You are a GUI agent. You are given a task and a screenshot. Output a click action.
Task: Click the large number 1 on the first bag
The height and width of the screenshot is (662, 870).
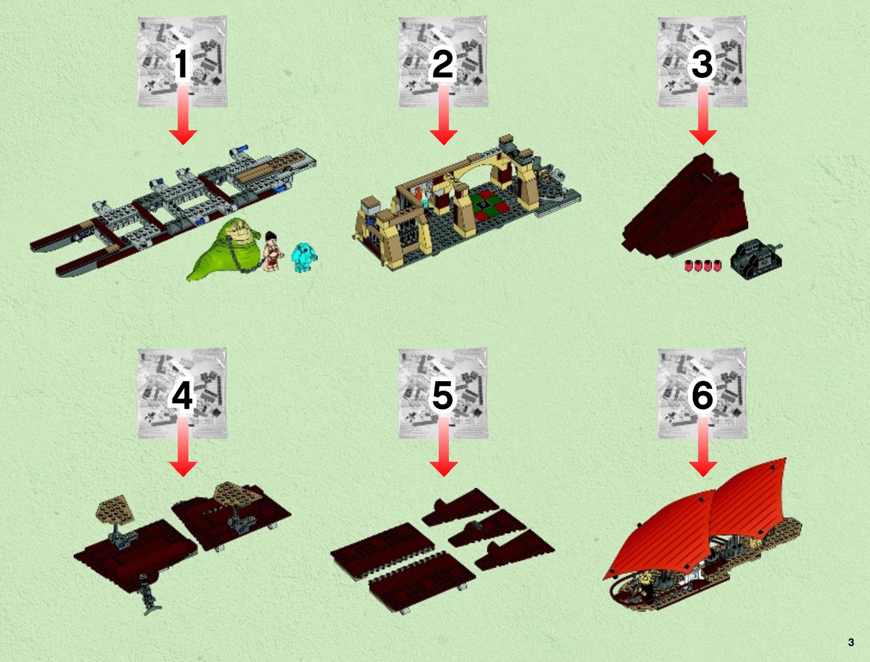pyautogui.click(x=181, y=64)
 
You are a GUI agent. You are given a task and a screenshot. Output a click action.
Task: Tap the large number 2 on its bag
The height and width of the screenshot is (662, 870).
pyautogui.click(x=442, y=64)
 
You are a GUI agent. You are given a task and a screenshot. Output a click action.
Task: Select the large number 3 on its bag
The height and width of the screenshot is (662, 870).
pyautogui.click(x=702, y=64)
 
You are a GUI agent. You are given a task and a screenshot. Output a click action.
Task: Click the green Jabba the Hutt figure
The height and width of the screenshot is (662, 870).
pyautogui.click(x=226, y=250)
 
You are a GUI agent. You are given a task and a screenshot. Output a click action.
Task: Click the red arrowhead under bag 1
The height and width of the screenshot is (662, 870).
pyautogui.click(x=183, y=137)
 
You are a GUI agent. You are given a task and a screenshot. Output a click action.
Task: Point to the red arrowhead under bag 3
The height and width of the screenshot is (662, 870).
pyautogui.click(x=703, y=137)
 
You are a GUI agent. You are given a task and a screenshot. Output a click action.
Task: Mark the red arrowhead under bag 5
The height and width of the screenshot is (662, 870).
pyautogui.click(x=444, y=469)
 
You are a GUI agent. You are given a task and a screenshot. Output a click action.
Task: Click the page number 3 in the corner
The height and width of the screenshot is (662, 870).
pyautogui.click(x=851, y=642)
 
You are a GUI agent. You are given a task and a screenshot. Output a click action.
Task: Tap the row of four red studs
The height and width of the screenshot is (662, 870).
pyautogui.click(x=703, y=265)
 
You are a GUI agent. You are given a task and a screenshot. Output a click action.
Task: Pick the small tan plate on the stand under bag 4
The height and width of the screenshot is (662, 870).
pyautogui.click(x=115, y=509)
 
